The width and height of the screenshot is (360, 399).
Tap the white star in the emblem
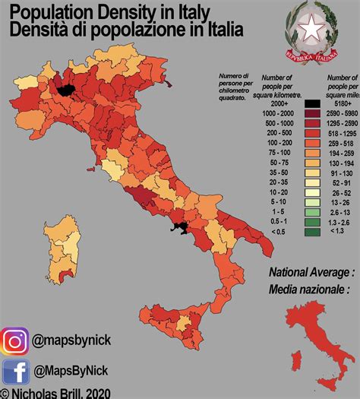(312, 28)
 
